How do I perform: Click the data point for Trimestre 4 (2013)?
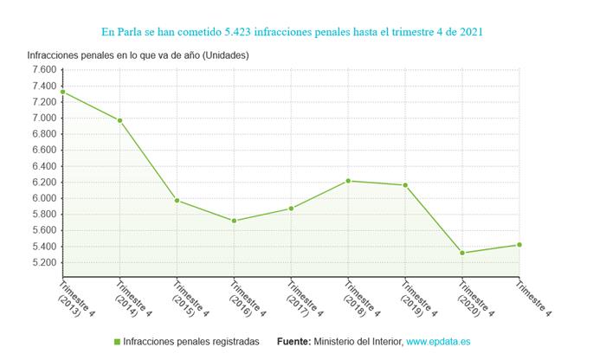[63, 92]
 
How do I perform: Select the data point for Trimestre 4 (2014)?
[120, 120]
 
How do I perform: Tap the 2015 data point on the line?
[177, 201]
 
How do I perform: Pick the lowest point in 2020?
[462, 253]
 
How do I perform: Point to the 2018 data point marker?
[348, 181]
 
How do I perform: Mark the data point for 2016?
[235, 221]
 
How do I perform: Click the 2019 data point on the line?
[405, 185]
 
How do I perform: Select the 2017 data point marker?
[291, 209]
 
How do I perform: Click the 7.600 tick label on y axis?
[42, 70]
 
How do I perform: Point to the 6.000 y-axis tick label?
[42, 198]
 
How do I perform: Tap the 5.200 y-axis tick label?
[42, 262]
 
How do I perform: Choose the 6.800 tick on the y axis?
[42, 134]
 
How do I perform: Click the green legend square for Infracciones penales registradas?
[117, 342]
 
